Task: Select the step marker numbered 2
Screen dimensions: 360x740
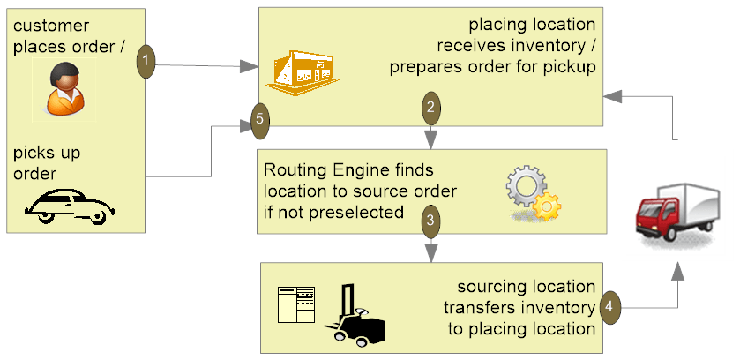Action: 430,109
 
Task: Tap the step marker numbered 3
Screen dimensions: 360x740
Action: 430,221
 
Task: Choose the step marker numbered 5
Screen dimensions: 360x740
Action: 259,120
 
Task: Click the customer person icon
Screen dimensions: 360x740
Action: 65,89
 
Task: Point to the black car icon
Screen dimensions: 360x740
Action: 70,207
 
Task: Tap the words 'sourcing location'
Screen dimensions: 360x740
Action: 527,287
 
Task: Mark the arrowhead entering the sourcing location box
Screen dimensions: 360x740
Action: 430,255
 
